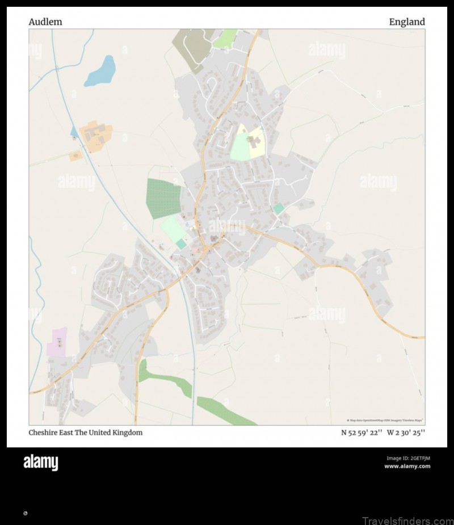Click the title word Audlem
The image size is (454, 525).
[x=45, y=22]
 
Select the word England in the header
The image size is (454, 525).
[x=406, y=22]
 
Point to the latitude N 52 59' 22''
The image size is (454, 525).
[x=361, y=432]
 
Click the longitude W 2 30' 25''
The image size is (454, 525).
[x=406, y=432]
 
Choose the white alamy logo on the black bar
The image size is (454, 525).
[x=40, y=463]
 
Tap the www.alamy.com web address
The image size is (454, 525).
[x=407, y=466]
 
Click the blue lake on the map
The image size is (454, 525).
[x=100, y=72]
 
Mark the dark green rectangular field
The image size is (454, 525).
[x=163, y=198]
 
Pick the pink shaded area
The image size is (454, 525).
[x=57, y=342]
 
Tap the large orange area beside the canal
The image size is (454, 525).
[x=96, y=133]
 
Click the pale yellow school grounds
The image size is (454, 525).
[x=257, y=142]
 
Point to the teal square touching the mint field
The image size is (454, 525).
[x=181, y=243]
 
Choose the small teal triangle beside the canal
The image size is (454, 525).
[x=74, y=132]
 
